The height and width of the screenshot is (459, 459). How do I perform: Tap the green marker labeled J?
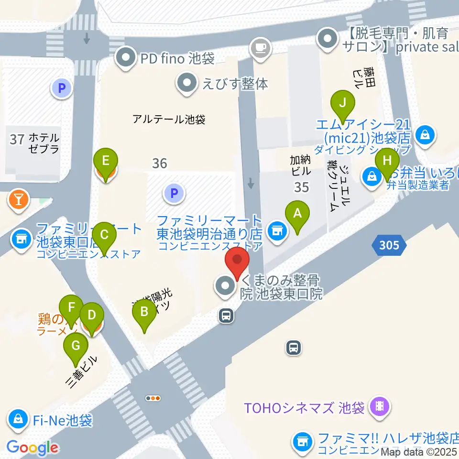(x=342, y=103)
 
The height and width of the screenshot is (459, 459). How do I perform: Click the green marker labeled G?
(x=76, y=345)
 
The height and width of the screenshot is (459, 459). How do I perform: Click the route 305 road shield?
(x=389, y=246)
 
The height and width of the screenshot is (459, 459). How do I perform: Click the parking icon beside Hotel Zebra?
(x=62, y=88)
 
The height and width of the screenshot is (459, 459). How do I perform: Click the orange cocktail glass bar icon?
(x=19, y=199)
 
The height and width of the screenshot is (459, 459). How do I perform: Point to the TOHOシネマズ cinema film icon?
(x=380, y=407)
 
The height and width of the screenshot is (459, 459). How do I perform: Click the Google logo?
(x=32, y=448)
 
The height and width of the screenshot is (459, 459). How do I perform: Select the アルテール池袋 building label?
(x=169, y=120)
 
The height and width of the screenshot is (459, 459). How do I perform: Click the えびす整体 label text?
(x=235, y=83)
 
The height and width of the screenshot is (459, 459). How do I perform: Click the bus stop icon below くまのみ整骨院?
(x=226, y=315)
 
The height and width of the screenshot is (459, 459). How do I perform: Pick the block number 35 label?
(x=301, y=187)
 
